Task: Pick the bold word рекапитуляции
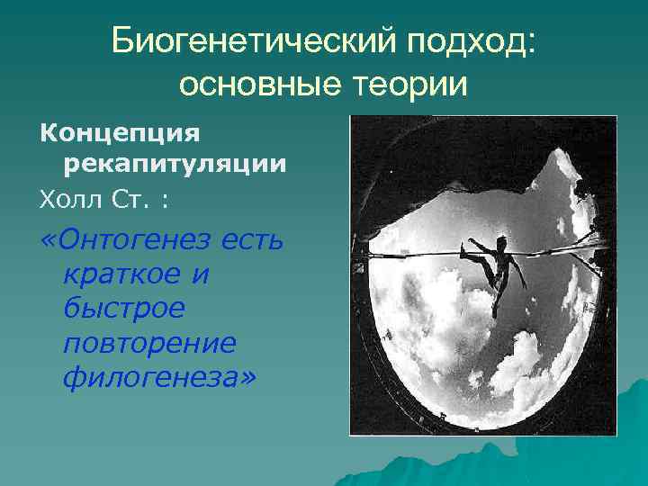pos(175,164)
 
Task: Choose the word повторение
pos(149,342)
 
